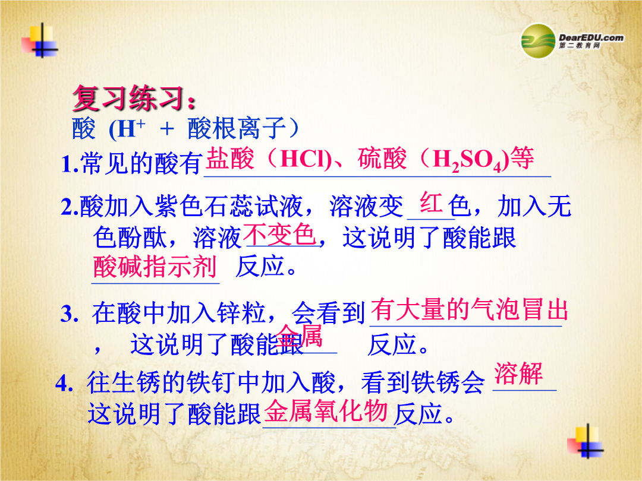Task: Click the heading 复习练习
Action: coord(128,98)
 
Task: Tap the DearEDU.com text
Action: coord(591,37)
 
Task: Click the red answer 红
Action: coord(432,202)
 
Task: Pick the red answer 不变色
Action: coord(279,235)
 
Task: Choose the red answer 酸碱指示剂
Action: coord(155,267)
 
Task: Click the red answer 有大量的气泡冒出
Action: coord(469,309)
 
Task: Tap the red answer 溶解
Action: coord(518,374)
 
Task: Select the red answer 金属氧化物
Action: coord(326,411)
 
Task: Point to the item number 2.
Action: coord(69,207)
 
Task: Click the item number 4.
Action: coord(64,384)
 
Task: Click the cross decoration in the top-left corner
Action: coord(41,41)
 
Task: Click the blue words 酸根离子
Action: coord(236,128)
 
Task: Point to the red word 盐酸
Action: coord(229,159)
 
